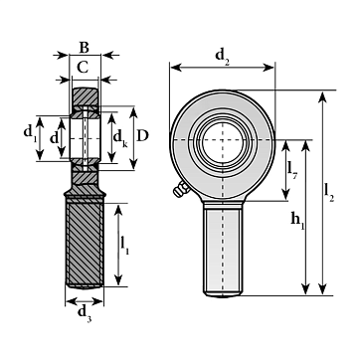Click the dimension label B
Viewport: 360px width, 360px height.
tap(85, 48)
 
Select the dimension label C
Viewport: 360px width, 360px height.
tap(83, 68)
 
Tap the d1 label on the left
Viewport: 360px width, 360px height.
tap(30, 132)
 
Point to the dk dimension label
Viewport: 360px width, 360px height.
tap(120, 137)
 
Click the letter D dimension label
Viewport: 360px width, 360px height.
tap(142, 135)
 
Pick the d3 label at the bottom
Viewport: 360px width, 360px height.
tap(85, 314)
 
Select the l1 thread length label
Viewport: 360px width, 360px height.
tap(124, 246)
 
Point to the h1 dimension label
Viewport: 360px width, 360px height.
tap(297, 221)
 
